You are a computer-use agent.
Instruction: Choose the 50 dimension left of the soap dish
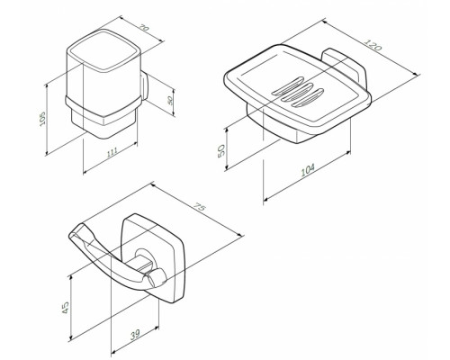(237, 145)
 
